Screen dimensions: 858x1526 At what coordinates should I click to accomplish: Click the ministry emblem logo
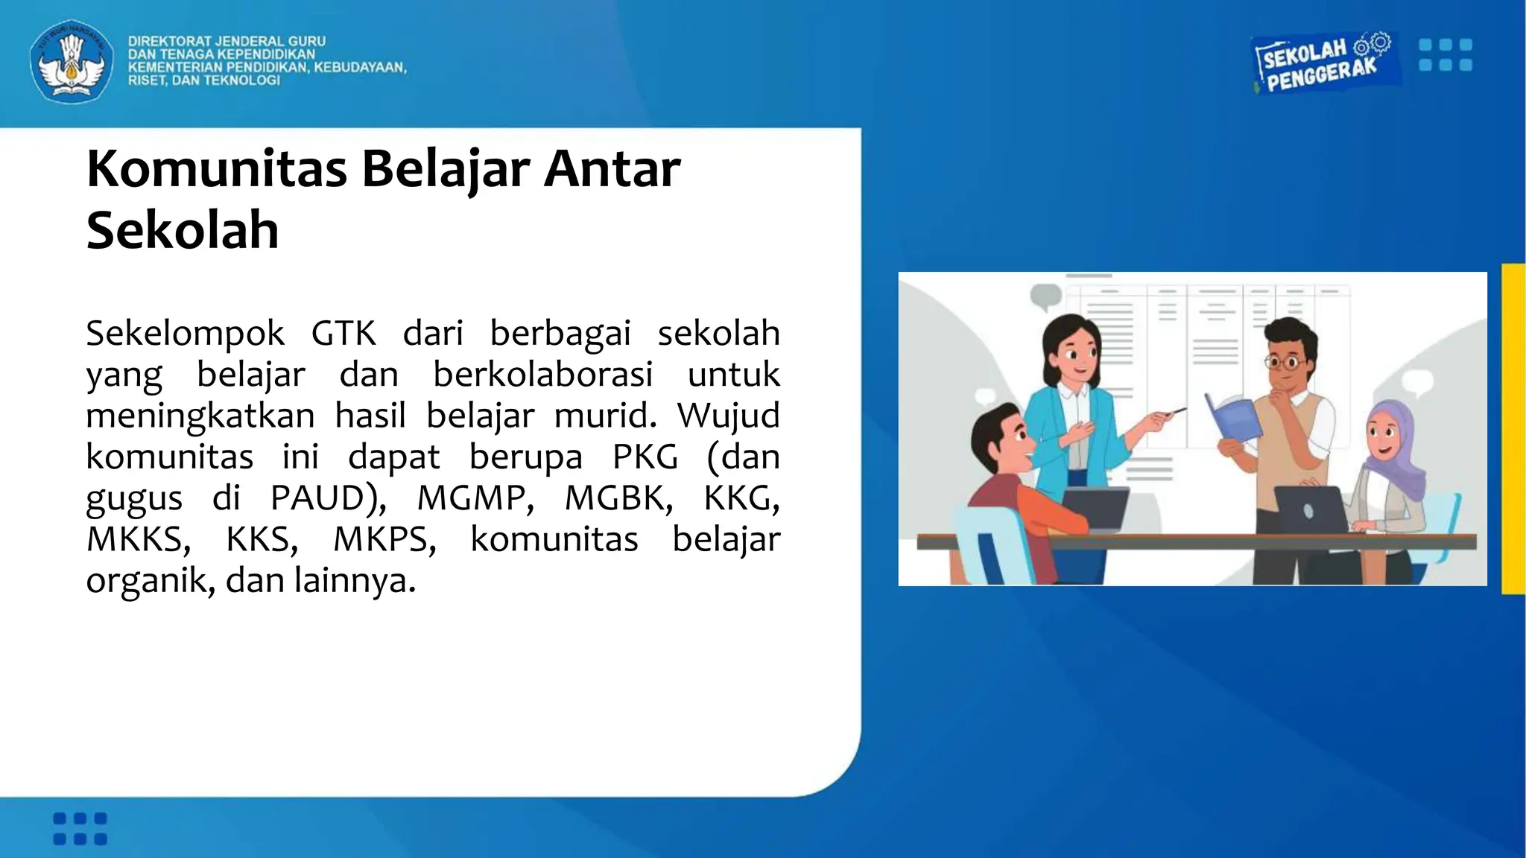coord(72,61)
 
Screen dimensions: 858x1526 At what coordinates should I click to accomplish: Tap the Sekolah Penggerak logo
coord(1321,64)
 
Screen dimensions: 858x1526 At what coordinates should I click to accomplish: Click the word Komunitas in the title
coord(217,169)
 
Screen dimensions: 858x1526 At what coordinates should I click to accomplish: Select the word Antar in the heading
coord(612,169)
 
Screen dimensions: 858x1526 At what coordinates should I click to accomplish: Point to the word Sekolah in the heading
coord(183,231)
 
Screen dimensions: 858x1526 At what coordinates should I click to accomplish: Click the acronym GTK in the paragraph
coord(343,333)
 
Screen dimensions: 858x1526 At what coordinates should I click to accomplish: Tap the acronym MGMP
coord(475,498)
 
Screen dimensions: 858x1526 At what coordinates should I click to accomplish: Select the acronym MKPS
coord(384,539)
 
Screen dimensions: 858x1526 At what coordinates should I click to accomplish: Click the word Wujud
coord(728,415)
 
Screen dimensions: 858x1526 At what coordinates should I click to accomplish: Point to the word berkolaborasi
coord(542,374)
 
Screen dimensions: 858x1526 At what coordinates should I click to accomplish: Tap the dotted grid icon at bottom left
coord(80,828)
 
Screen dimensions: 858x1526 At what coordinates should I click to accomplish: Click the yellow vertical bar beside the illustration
coord(1513,428)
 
